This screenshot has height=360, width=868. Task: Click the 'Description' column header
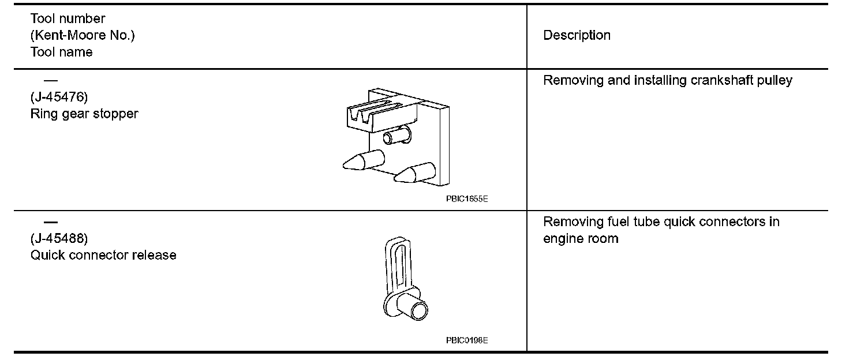[577, 35]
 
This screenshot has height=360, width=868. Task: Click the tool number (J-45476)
[59, 97]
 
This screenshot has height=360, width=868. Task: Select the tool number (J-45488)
[59, 238]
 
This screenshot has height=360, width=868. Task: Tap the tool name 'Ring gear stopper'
[84, 114]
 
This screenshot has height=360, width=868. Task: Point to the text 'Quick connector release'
[103, 255]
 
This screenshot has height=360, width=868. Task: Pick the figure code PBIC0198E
[466, 340]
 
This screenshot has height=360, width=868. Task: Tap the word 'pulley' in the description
[775, 80]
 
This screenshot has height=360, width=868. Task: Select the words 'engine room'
[581, 239]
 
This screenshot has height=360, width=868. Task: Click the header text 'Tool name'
[61, 52]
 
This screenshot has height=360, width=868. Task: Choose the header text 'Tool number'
[68, 19]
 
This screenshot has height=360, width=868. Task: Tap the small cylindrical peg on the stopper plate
[397, 137]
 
